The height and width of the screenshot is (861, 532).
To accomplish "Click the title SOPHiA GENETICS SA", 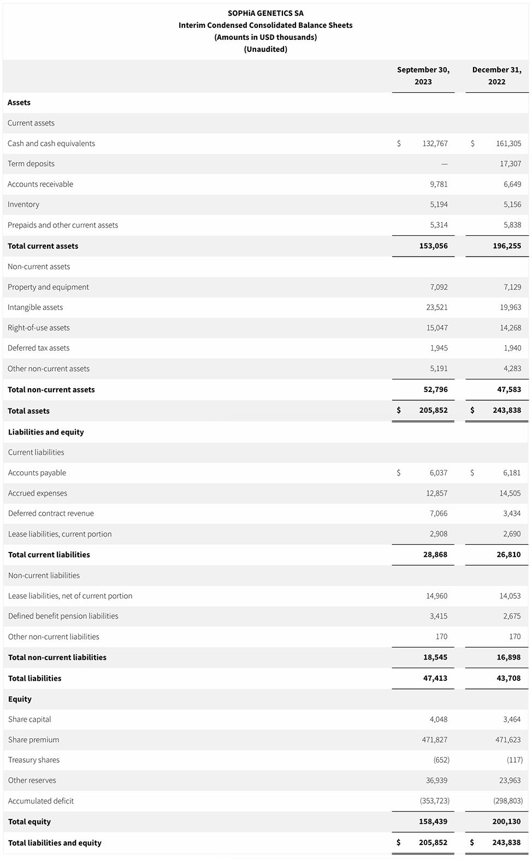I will [x=265, y=13].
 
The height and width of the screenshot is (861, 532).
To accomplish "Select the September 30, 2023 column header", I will [x=423, y=76].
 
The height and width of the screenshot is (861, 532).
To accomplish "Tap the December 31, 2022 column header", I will [x=496, y=76].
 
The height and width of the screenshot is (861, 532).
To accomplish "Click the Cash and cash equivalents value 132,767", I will [x=435, y=144].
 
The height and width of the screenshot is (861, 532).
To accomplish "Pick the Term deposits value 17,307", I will [x=510, y=164].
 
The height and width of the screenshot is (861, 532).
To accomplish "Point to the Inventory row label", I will [x=23, y=205].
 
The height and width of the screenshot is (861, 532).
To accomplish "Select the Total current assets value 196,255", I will [x=506, y=246].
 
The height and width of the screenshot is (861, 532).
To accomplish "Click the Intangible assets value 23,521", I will [x=436, y=307].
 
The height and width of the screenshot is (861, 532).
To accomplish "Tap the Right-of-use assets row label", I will [x=39, y=328].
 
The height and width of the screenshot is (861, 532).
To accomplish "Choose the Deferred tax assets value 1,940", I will [x=512, y=348].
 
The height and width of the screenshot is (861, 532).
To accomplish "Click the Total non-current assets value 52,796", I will [x=434, y=390].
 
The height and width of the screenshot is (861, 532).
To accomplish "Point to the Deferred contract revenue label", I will [x=51, y=514].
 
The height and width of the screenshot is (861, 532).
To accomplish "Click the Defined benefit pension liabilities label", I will [x=63, y=616].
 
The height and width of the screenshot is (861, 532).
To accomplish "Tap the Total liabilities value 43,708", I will [x=508, y=679].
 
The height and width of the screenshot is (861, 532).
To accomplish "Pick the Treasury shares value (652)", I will [x=441, y=760].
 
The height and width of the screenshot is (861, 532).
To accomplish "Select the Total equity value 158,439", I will [x=433, y=822].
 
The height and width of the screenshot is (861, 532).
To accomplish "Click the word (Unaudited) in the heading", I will [x=265, y=49].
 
